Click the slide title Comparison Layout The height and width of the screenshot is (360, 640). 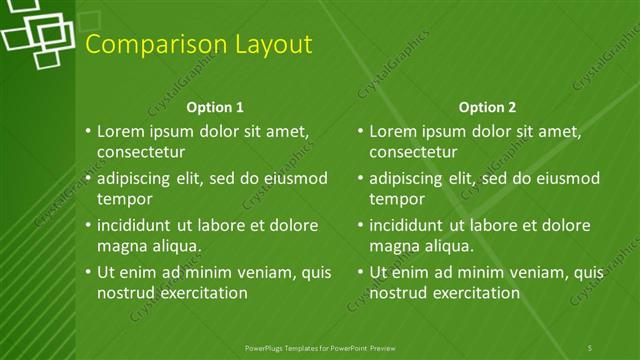(198, 44)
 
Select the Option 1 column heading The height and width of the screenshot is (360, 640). (215, 107)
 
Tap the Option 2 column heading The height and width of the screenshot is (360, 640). (488, 107)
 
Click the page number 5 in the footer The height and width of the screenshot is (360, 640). (589, 347)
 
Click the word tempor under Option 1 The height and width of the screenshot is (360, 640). (123, 198)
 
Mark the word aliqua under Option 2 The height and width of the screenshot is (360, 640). (446, 246)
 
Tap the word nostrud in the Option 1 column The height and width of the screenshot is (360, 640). (125, 293)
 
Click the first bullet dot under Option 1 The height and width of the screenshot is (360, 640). (87, 131)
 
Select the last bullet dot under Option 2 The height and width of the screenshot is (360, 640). (360, 272)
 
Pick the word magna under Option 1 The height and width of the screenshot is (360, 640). (121, 246)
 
